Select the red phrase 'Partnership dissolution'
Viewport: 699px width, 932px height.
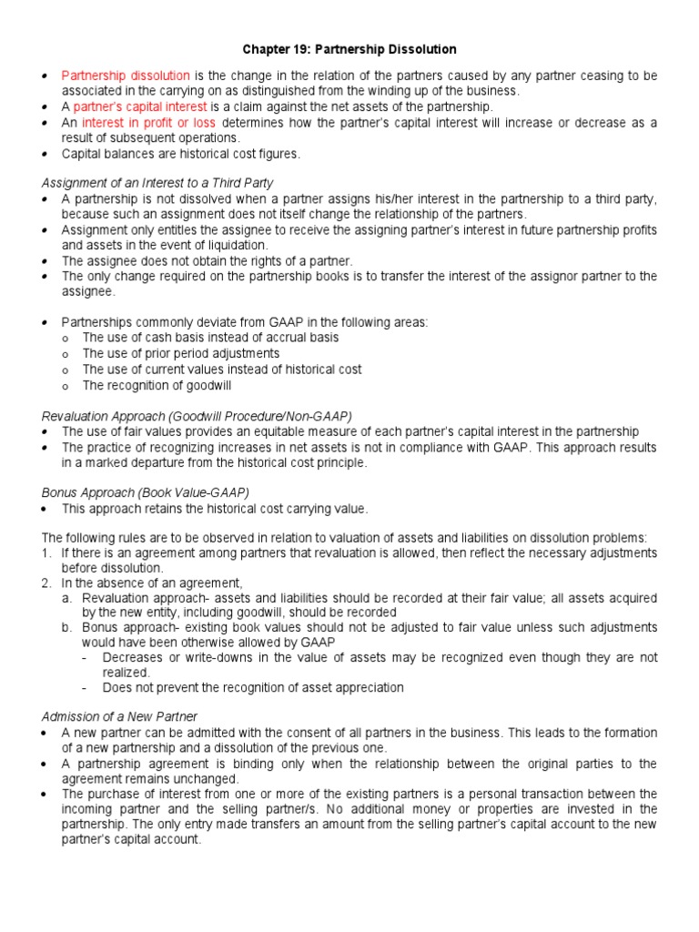coord(126,75)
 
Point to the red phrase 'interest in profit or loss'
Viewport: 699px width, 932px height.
coord(149,123)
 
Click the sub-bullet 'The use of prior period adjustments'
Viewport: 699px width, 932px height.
coord(180,353)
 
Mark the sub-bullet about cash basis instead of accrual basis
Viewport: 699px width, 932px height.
coord(209,337)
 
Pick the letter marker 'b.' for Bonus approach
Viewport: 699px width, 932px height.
coord(68,628)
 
